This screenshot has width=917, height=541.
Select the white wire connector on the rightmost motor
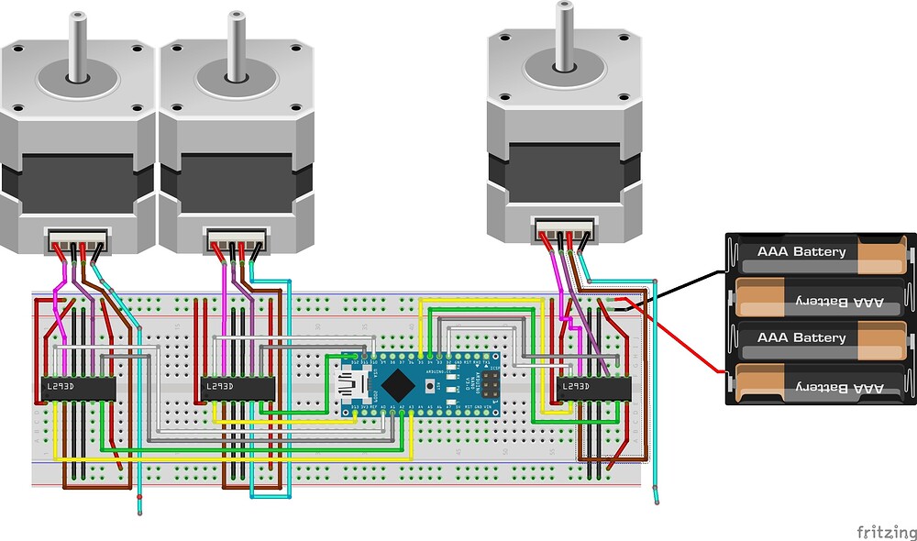tap(564, 230)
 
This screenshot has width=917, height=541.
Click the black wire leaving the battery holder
tap(679, 289)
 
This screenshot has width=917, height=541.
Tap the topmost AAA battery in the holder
tap(821, 252)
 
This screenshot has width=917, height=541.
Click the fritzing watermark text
tap(885, 532)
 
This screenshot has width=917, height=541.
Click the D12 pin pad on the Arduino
tap(355, 357)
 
